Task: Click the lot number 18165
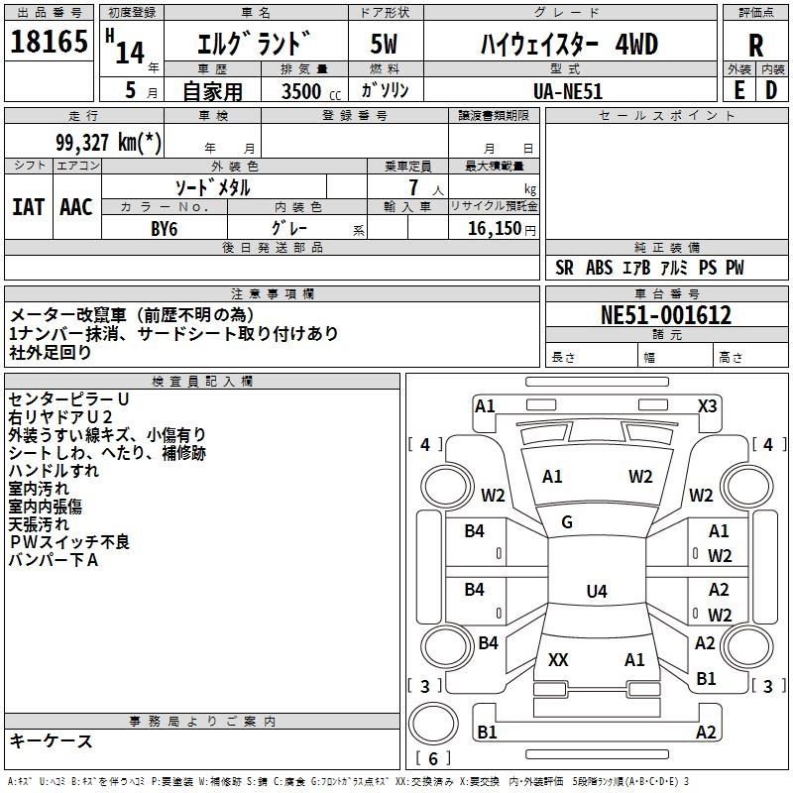(49, 42)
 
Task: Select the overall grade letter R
(755, 46)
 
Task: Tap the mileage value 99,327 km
(108, 142)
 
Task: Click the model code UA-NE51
(568, 91)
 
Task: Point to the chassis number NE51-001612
(666, 315)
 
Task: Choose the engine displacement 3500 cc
(311, 91)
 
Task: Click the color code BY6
(165, 229)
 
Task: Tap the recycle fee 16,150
(495, 229)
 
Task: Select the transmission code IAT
(28, 207)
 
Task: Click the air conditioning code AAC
(76, 207)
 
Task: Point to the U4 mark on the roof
(597, 591)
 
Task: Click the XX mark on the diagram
(558, 659)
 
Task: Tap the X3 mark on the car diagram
(707, 406)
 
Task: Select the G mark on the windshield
(567, 522)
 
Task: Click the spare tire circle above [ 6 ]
(433, 724)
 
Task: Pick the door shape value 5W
(384, 44)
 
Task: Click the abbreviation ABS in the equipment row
(600, 268)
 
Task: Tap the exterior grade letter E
(739, 90)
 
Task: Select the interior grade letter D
(771, 90)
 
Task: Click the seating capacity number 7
(413, 187)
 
